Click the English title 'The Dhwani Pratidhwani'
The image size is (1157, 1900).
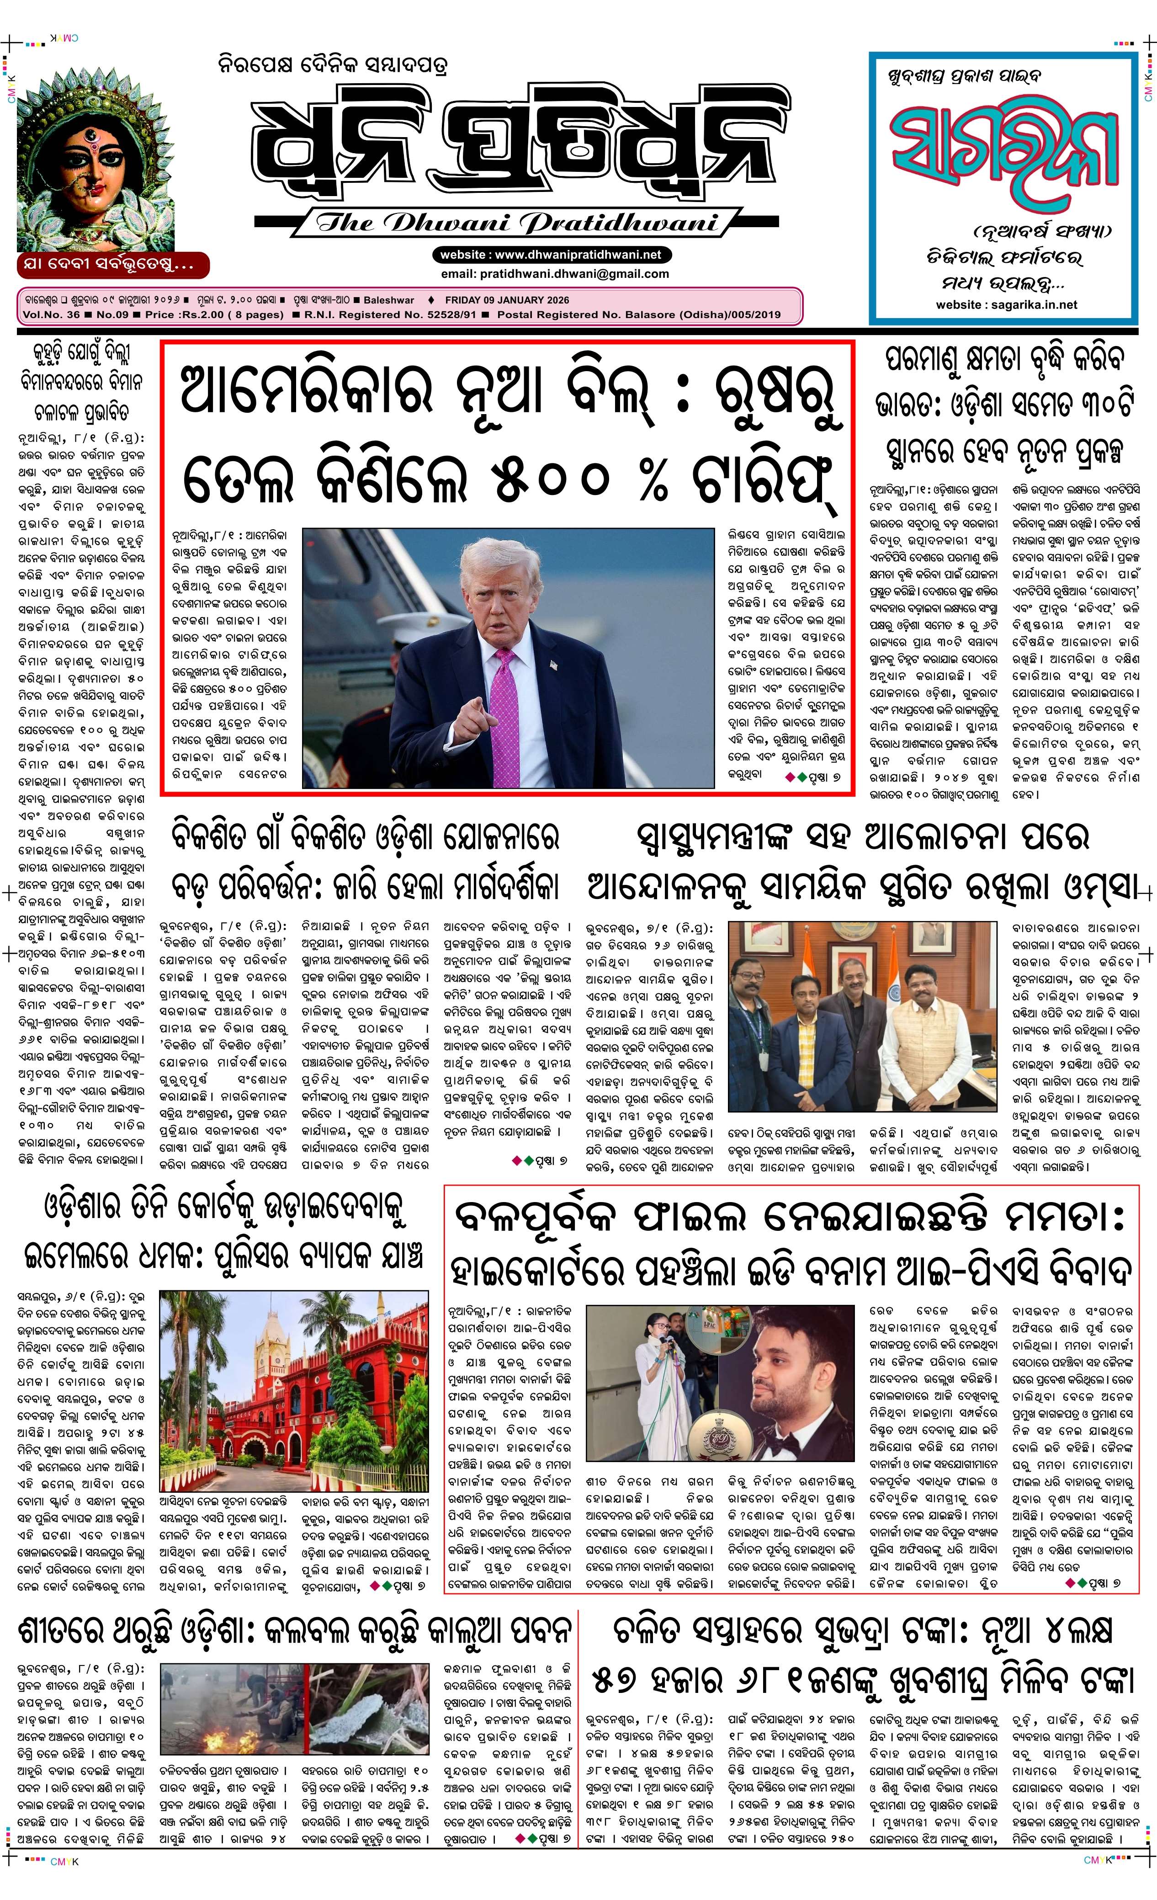516,223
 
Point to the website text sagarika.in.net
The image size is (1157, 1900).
1033,304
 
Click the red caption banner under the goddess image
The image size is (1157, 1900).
112,265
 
